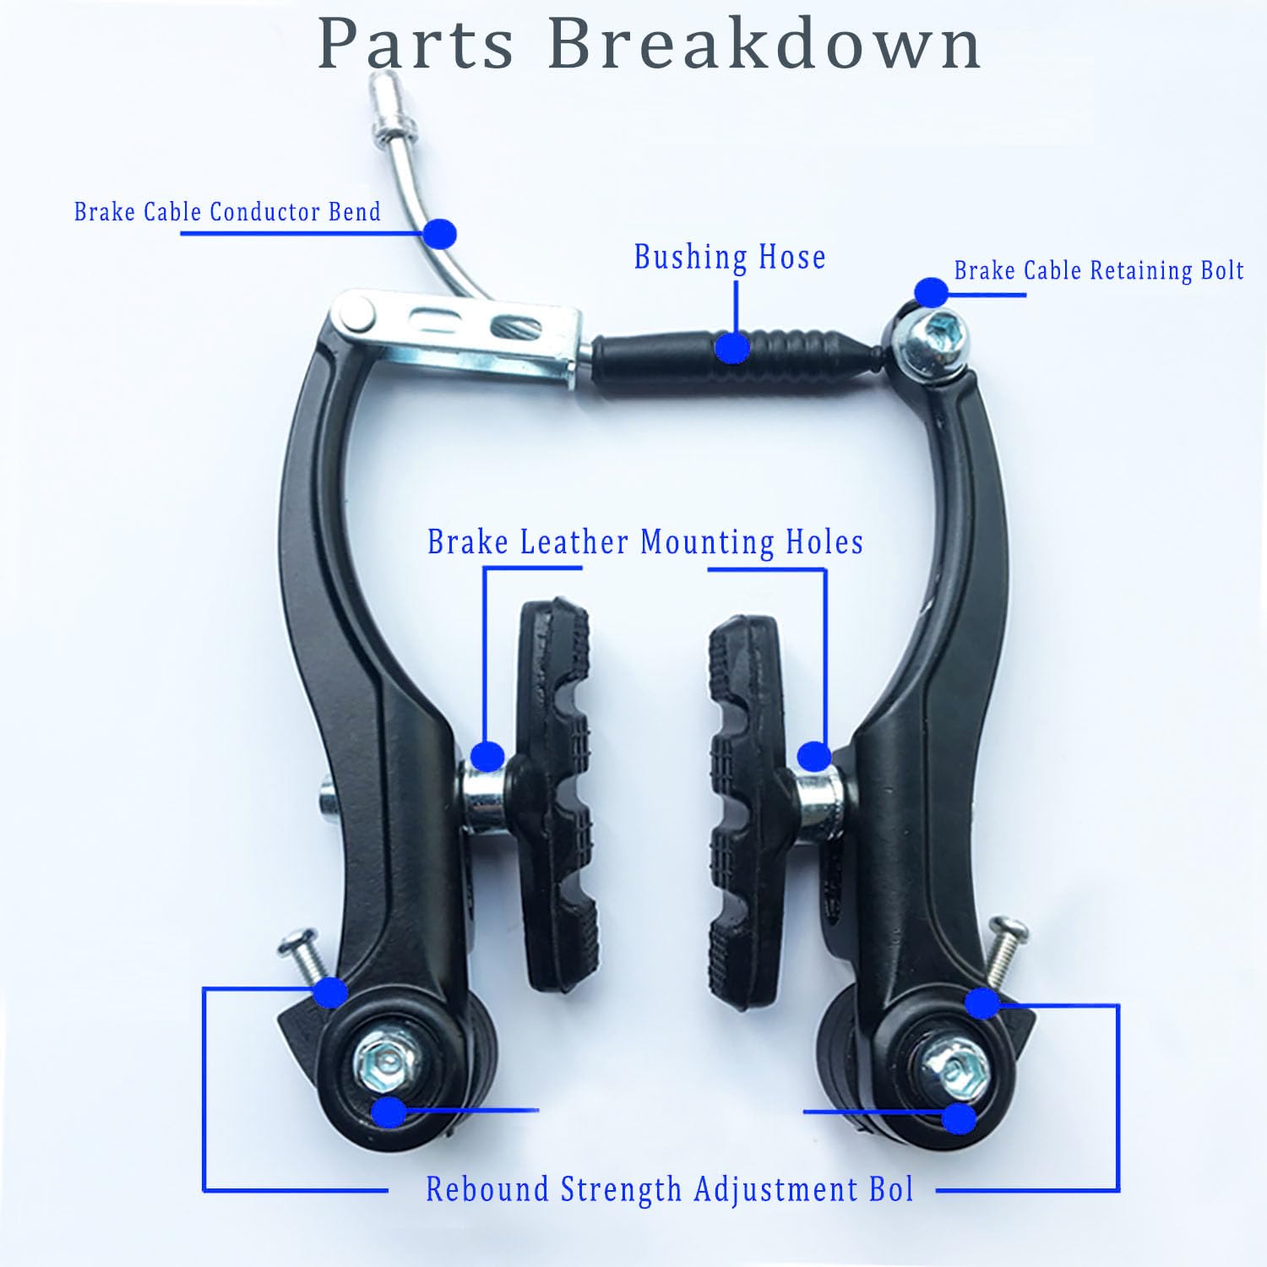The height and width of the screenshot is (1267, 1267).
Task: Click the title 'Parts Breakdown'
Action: (649, 44)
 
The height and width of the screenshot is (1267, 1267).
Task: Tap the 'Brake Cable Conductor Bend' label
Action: (227, 211)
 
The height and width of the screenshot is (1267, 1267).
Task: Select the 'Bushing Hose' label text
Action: (730, 257)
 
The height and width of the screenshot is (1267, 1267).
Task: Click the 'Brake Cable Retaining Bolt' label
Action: (1098, 270)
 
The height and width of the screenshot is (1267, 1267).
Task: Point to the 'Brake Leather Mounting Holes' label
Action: (645, 542)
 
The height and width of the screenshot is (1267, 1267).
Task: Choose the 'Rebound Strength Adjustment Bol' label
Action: (669, 1189)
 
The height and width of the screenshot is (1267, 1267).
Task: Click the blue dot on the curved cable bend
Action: (439, 233)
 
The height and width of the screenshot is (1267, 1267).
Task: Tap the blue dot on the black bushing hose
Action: (732, 347)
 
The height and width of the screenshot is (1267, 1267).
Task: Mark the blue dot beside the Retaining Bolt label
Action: (931, 292)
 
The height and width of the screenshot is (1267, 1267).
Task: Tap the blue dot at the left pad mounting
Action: (487, 756)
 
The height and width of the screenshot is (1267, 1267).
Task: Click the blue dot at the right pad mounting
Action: (813, 756)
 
